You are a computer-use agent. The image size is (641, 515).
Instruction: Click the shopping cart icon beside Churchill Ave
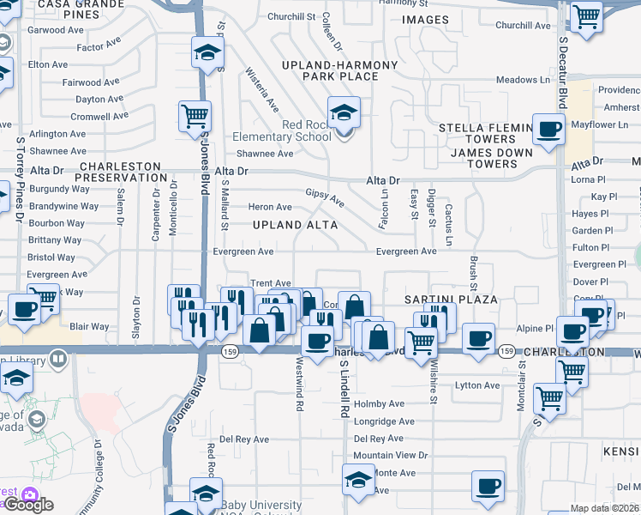point(587,15)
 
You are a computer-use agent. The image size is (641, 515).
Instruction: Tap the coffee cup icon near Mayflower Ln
point(548,130)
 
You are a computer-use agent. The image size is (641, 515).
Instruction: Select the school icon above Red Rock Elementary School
point(344,112)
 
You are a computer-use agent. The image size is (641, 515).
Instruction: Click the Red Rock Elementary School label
point(282,130)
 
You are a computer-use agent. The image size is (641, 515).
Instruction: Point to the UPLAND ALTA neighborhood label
point(294,225)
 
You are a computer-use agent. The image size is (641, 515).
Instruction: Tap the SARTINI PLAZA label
point(451,299)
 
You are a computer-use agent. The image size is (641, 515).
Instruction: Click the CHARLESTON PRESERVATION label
point(121,172)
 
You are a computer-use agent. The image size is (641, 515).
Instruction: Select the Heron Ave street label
point(270,207)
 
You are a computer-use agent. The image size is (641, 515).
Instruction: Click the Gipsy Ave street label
point(326,199)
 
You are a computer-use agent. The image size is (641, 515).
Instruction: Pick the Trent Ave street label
point(271,283)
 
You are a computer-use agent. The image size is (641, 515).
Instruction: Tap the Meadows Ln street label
point(523,80)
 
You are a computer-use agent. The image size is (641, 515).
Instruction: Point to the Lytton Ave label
point(476,385)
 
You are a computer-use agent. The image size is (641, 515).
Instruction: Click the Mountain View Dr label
point(390,455)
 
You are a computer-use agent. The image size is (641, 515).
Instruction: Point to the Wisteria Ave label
point(262,90)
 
